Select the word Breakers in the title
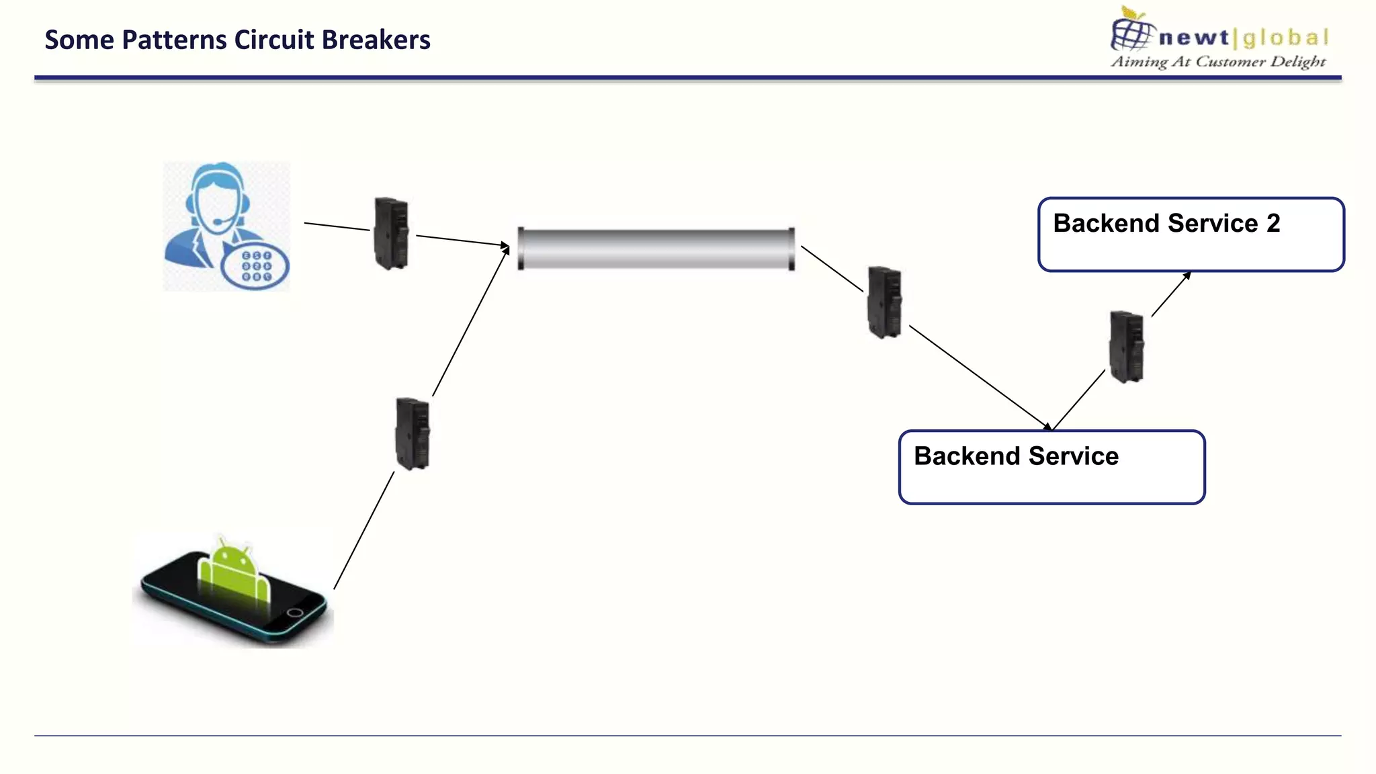(x=376, y=40)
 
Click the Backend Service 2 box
(x=1191, y=234)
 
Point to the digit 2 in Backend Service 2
(x=1273, y=223)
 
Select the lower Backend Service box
(x=1051, y=467)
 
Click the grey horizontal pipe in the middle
(x=656, y=249)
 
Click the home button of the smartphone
(x=295, y=612)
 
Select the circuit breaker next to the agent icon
(x=391, y=233)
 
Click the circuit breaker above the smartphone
(x=413, y=433)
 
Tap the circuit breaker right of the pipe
(x=884, y=302)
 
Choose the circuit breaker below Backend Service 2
(x=1126, y=347)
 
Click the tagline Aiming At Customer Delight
(x=1218, y=62)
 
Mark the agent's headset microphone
(x=219, y=222)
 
